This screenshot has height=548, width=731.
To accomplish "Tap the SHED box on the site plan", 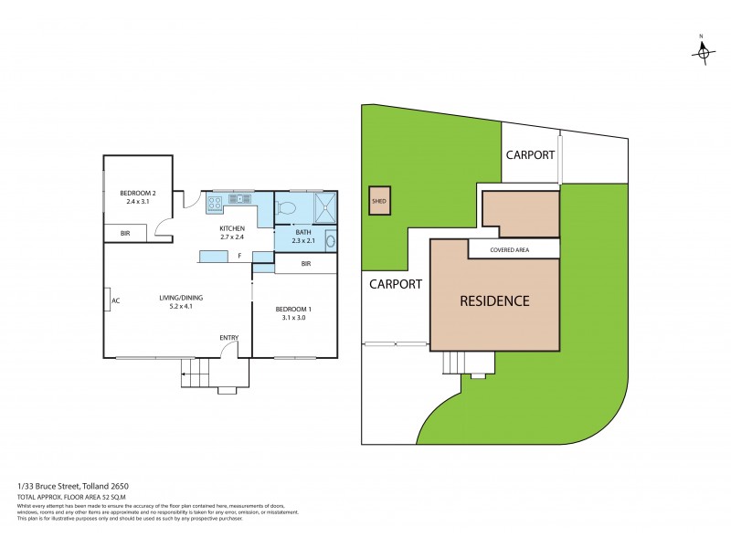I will tap(378, 201).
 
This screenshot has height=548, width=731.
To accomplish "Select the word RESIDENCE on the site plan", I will tap(493, 300).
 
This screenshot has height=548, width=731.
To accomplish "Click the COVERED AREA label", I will tap(512, 249).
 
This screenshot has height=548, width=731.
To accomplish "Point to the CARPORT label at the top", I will tap(530, 155).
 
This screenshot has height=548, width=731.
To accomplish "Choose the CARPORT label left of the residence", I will tap(396, 284).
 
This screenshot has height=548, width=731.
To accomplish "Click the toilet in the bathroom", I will tap(284, 207).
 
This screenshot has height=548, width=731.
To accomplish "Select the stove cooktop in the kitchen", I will tap(221, 200).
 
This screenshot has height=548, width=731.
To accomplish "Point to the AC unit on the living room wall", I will tap(108, 300).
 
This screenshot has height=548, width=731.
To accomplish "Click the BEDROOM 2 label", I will tap(138, 193).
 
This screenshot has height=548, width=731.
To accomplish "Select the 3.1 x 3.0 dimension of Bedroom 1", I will tap(293, 319).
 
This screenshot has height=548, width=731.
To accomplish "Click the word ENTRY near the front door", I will tap(228, 339).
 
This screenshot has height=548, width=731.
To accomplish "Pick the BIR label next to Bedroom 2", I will tap(125, 235).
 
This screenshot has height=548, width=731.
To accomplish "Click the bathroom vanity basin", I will tap(330, 242).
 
